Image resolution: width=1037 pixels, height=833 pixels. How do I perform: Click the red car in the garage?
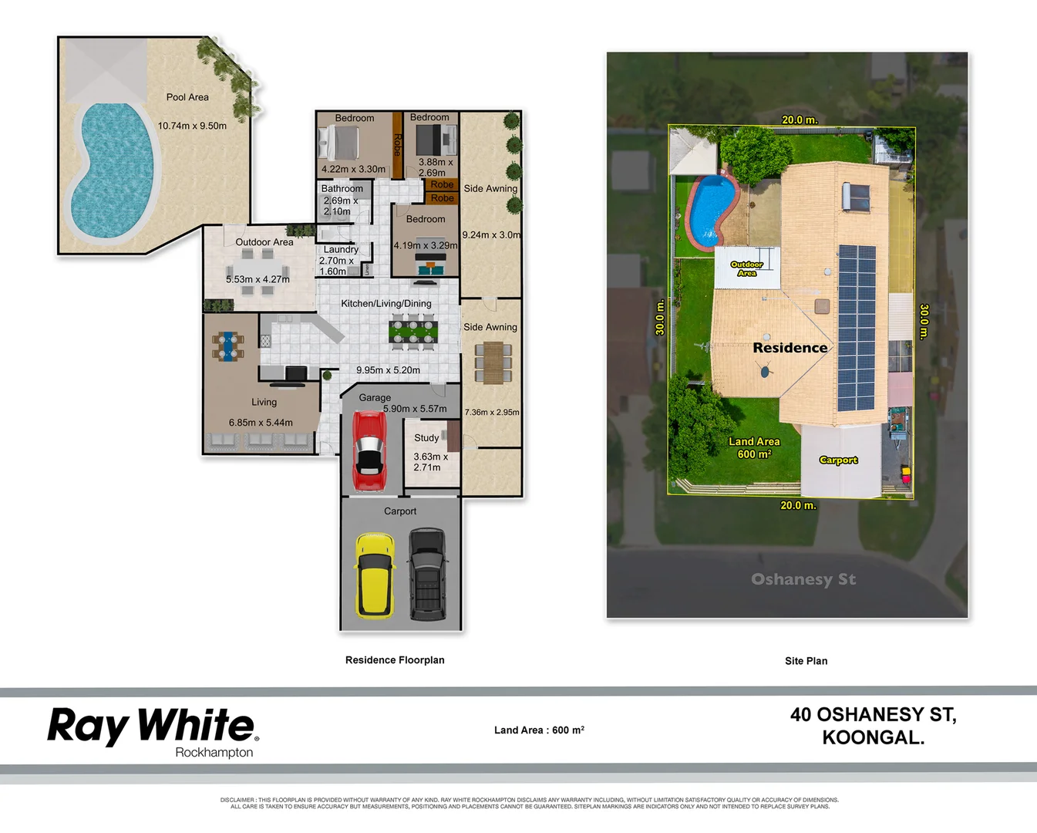click(369, 451)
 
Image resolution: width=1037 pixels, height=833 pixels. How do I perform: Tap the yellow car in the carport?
click(375, 575)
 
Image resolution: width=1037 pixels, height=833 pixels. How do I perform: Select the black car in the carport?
click(427, 575)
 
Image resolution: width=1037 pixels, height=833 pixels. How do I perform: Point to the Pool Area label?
click(187, 97)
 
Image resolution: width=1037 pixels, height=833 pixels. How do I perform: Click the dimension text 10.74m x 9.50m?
click(192, 126)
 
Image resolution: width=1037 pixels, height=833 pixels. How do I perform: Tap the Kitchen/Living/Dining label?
click(386, 303)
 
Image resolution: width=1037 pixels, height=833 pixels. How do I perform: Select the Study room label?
click(426, 437)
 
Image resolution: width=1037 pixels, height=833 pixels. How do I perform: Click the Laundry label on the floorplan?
click(341, 249)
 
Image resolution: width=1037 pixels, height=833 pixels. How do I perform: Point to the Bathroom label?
click(342, 188)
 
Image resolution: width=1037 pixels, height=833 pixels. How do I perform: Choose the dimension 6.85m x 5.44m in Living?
click(261, 423)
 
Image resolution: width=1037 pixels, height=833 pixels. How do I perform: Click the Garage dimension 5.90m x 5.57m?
click(415, 409)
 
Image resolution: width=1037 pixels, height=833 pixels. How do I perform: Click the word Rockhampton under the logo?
click(214, 752)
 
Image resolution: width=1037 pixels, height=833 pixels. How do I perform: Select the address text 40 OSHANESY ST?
click(873, 715)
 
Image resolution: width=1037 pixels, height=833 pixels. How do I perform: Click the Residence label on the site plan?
click(790, 348)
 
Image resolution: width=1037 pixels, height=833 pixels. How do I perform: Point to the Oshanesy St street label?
click(803, 579)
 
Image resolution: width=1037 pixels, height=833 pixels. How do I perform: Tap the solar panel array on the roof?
click(856, 328)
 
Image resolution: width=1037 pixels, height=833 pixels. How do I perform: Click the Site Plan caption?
click(806, 661)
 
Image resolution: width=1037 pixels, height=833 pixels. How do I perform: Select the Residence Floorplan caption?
click(395, 660)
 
